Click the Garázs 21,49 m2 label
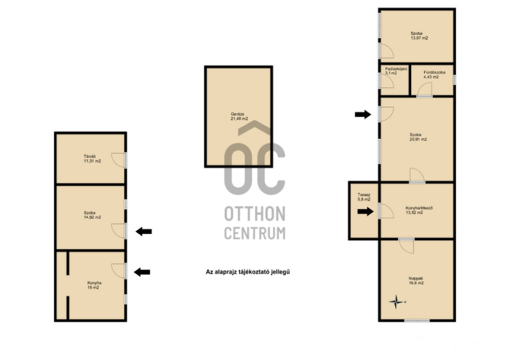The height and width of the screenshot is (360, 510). coord(239,117)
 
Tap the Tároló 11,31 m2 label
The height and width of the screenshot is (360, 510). coord(92,159)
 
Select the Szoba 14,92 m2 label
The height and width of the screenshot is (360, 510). coord(92,215)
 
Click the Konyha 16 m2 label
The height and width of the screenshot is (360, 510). coord(94,285)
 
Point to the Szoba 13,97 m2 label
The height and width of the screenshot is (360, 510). coord(419,36)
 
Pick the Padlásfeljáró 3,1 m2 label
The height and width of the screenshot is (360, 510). coord(396,71)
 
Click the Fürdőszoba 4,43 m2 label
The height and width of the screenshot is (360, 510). coord(434,75)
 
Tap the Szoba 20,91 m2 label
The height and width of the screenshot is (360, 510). coord(418,137)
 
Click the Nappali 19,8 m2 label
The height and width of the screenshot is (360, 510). coord(416,280)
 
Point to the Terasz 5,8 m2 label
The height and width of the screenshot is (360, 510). coord(364,197)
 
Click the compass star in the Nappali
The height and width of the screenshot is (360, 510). coord(396,302)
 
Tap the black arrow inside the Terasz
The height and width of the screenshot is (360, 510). coord(365,212)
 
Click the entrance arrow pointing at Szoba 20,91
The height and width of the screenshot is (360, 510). coord(363,114)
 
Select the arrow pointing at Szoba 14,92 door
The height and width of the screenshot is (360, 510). coord(144,231)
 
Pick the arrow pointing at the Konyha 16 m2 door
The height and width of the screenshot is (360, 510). coord(142,272)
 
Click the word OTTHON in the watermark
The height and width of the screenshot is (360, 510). coord(254,213)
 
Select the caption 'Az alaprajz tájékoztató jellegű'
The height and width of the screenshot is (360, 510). coord(247,272)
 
